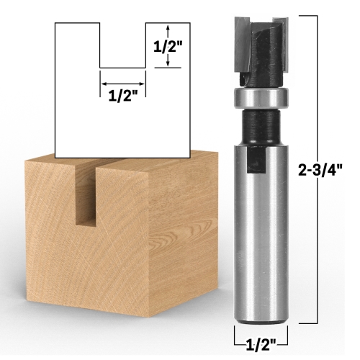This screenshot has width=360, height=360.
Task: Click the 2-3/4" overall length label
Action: (320, 171)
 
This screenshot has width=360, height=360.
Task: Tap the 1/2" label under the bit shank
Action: (261, 346)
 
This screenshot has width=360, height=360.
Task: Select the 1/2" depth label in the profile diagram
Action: (168, 45)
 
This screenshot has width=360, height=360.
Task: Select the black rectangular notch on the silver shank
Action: (256, 159)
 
